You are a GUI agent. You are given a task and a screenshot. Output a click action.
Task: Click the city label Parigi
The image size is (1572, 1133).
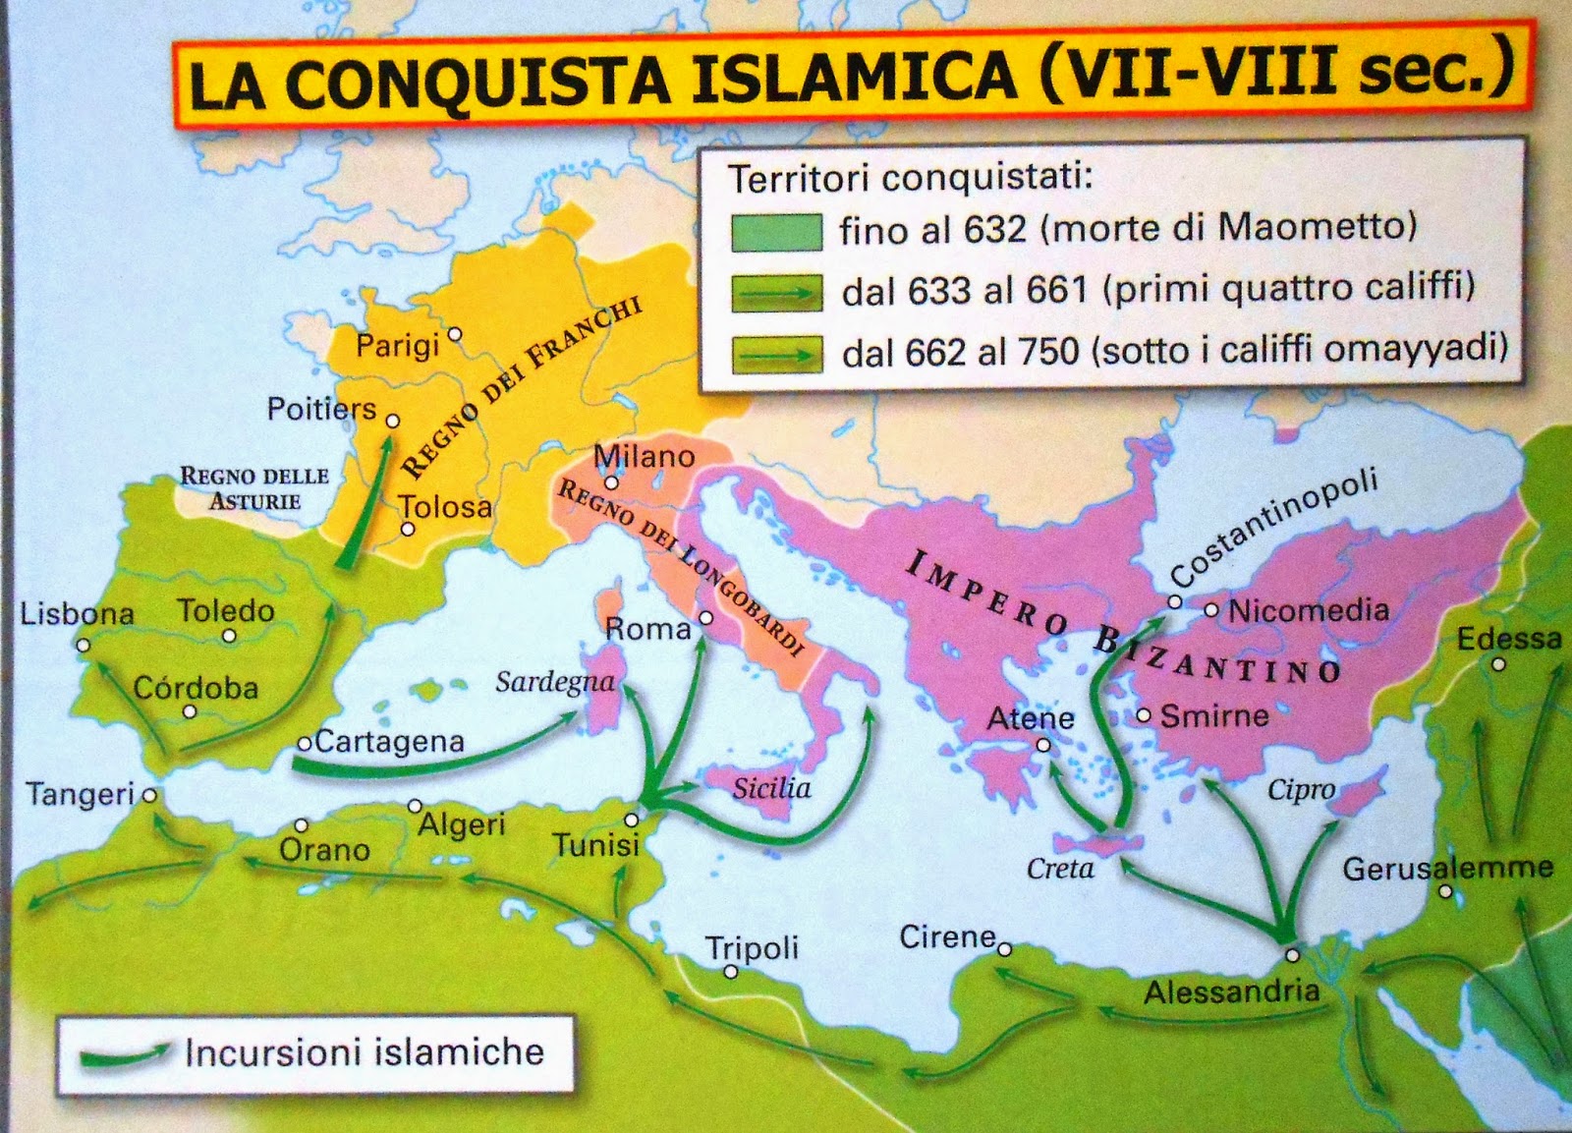pos(397,346)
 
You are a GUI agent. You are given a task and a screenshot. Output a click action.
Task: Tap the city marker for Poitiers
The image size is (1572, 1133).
pos(393,421)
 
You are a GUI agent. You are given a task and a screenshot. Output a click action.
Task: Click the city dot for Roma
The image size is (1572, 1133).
pos(705,619)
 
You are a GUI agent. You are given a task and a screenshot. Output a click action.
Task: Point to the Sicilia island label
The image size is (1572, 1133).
pos(771,788)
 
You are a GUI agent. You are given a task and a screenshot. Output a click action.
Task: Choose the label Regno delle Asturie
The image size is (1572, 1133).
pos(253,488)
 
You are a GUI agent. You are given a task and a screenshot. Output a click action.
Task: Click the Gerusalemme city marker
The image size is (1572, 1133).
pos(1445,891)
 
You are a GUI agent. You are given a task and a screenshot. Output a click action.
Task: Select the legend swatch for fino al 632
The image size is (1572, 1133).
pos(776,232)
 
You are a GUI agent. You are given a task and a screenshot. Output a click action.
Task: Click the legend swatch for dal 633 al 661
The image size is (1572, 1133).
pos(776,293)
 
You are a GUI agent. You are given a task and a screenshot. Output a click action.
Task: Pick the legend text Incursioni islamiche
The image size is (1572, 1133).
pos(364,1052)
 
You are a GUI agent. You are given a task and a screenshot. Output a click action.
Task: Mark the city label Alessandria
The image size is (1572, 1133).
pos(1231,991)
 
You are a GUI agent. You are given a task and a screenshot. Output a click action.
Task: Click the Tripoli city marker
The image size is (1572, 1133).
pos(731,972)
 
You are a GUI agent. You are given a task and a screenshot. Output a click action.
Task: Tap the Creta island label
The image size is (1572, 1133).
pos(1060,869)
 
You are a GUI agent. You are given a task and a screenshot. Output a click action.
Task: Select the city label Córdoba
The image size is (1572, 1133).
pos(196,688)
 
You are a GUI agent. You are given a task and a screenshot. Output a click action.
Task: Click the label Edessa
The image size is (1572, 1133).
pos(1509,639)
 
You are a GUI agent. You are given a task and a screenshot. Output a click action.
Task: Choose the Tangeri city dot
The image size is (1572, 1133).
pos(149,796)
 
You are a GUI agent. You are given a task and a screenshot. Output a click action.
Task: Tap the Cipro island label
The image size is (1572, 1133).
pos(1301,789)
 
